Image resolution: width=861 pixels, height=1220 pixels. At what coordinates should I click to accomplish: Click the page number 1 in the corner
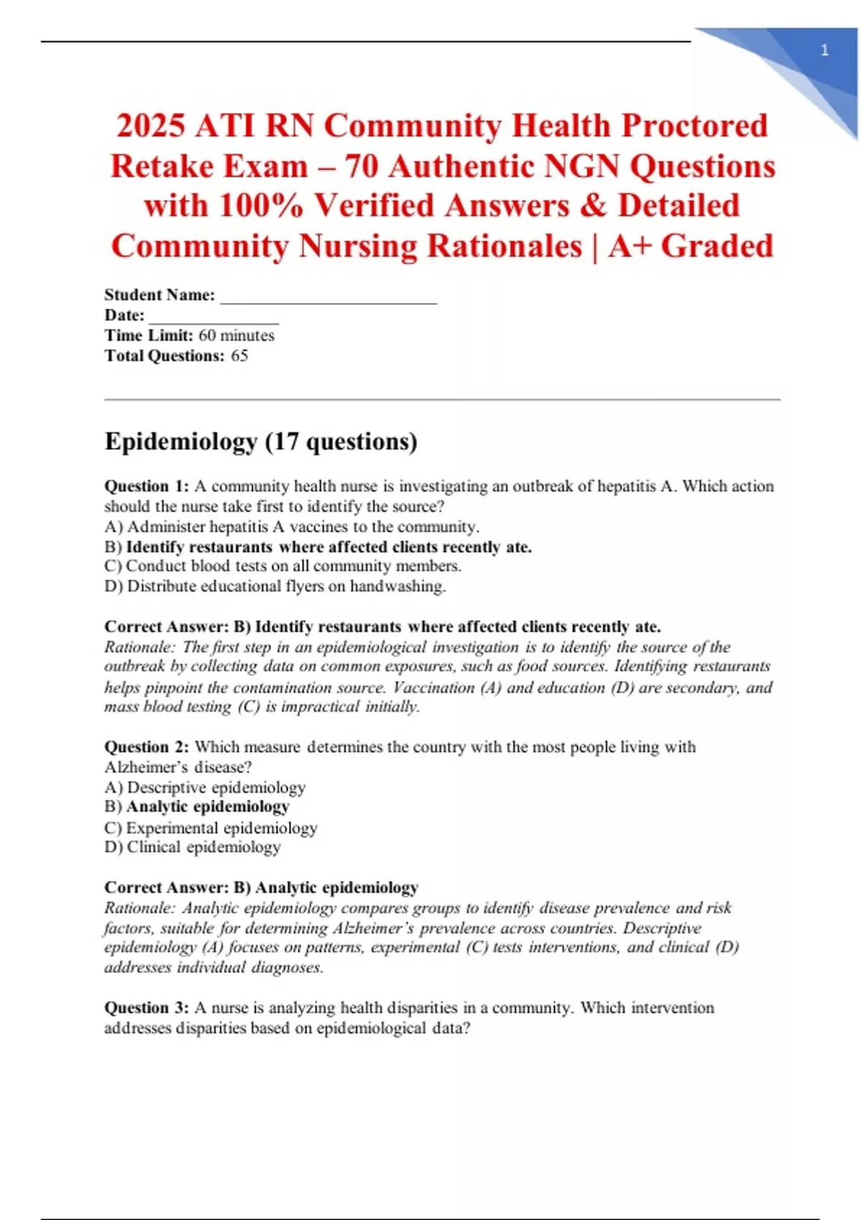pyautogui.click(x=824, y=50)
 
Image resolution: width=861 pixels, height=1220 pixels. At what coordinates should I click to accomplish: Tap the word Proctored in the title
pyautogui.click(x=695, y=126)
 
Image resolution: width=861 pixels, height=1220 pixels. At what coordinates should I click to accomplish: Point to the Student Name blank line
pyautogui.click(x=328, y=296)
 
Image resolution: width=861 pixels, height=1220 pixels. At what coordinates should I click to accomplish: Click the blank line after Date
pyautogui.click(x=213, y=316)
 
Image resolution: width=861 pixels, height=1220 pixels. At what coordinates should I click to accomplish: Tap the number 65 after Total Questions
pyautogui.click(x=240, y=356)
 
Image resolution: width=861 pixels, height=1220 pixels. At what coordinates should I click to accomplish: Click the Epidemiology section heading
pyautogui.click(x=260, y=441)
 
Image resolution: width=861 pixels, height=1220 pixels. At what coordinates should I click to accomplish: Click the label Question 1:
pyautogui.click(x=146, y=487)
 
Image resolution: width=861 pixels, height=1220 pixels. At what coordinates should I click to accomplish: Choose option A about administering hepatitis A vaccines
pyautogui.click(x=292, y=527)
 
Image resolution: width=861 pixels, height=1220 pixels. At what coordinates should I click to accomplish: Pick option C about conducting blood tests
pyautogui.click(x=283, y=566)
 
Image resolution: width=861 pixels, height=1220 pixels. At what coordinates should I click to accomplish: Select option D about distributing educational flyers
pyautogui.click(x=275, y=586)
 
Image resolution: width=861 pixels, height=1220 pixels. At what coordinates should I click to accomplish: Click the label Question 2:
pyautogui.click(x=146, y=747)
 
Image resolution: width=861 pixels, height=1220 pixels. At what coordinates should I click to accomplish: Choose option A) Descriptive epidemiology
pyautogui.click(x=205, y=787)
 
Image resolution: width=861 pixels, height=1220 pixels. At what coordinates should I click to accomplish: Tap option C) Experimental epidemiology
pyautogui.click(x=211, y=828)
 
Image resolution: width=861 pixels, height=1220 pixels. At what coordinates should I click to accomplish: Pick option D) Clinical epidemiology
pyautogui.click(x=192, y=848)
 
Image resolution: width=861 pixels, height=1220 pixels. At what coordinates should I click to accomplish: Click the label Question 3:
pyautogui.click(x=146, y=1008)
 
